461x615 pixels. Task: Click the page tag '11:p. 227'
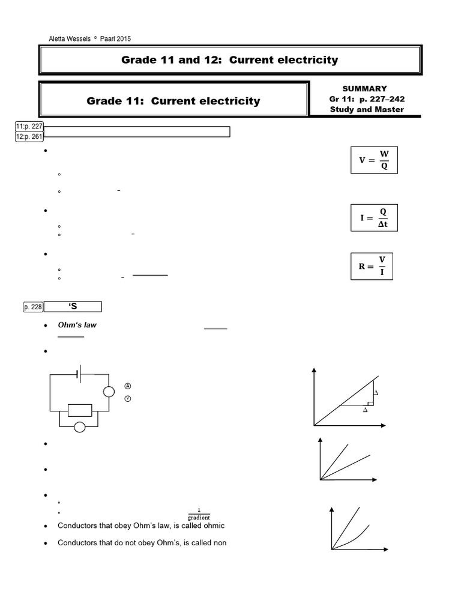pos(29,126)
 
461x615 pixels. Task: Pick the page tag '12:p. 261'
pos(29,136)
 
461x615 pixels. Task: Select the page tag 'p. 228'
pos(33,307)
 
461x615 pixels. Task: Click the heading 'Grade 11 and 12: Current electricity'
pos(229,60)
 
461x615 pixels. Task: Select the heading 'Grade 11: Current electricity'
pos(173,101)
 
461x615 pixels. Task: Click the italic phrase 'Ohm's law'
pos(77,325)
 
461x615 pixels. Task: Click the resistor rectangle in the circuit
pos(79,410)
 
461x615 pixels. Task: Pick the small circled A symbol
pos(127,386)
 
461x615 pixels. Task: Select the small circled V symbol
pos(127,398)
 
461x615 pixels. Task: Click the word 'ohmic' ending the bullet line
pos(215,526)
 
